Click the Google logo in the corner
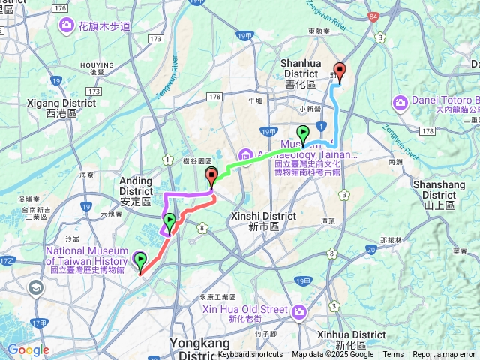[28, 349]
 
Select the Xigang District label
[52, 107]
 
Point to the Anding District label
[136, 190]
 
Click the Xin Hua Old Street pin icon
[300, 310]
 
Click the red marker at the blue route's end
[340, 73]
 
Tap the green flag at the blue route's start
[303, 134]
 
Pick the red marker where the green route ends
[211, 178]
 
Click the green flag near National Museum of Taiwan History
[140, 260]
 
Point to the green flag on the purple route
[170, 221]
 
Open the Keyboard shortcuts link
[250, 355]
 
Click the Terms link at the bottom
[393, 355]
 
